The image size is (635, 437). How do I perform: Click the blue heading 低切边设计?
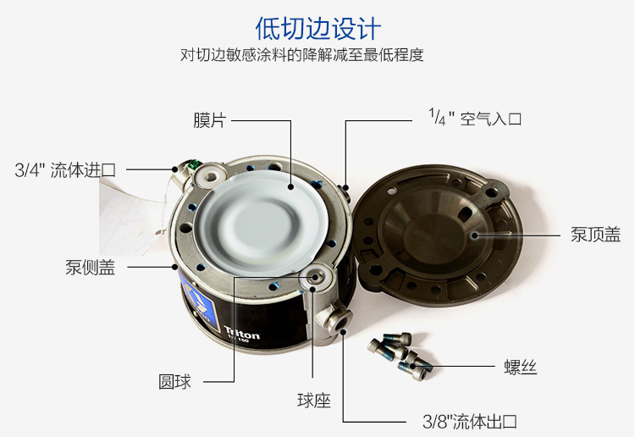[x=317, y=28]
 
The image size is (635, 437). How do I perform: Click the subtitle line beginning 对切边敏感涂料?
[x=301, y=55]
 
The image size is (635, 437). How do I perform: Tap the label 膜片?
[x=209, y=120]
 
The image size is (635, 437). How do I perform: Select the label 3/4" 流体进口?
[x=65, y=170]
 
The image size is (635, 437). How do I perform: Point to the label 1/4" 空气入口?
[x=475, y=118]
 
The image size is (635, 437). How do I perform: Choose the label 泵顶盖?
[x=596, y=235]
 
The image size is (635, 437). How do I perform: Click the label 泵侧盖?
[x=90, y=268]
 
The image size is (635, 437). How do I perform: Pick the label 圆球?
[x=174, y=381]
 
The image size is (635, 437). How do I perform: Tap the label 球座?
[x=314, y=401]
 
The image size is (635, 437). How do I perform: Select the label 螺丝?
[x=521, y=367]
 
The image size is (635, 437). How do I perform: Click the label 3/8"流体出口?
[x=470, y=422]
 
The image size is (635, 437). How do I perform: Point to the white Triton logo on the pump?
[x=241, y=335]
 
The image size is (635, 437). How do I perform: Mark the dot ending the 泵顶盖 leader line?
[x=475, y=235]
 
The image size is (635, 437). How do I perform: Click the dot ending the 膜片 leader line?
[x=290, y=186]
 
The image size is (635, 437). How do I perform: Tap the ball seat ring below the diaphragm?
[x=316, y=277]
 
